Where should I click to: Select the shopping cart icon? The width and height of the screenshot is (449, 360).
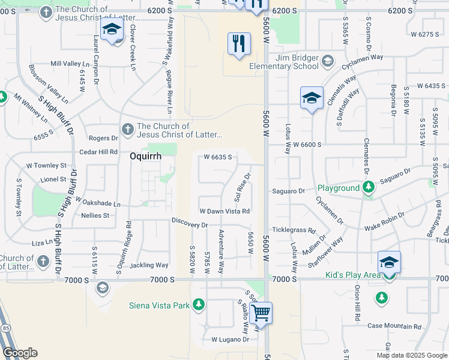[261, 313]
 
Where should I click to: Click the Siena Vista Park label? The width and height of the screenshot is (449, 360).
[159, 305]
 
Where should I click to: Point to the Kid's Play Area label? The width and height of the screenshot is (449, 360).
[353, 275]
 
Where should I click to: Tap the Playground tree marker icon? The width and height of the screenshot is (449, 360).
[369, 188]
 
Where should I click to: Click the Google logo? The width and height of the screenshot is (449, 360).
[20, 353]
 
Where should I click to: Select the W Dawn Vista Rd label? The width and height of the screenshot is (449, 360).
[224, 211]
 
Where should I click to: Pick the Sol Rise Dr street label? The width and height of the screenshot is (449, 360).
[242, 185]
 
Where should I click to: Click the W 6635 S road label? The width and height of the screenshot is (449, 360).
[218, 157]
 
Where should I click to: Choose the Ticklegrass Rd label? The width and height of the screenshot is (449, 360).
[294, 230]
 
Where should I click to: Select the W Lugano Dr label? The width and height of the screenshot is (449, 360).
[230, 340]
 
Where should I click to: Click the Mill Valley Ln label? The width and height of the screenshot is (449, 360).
[70, 64]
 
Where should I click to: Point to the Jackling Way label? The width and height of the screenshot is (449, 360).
[149, 265]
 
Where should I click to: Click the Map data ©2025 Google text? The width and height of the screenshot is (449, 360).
[411, 355]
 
